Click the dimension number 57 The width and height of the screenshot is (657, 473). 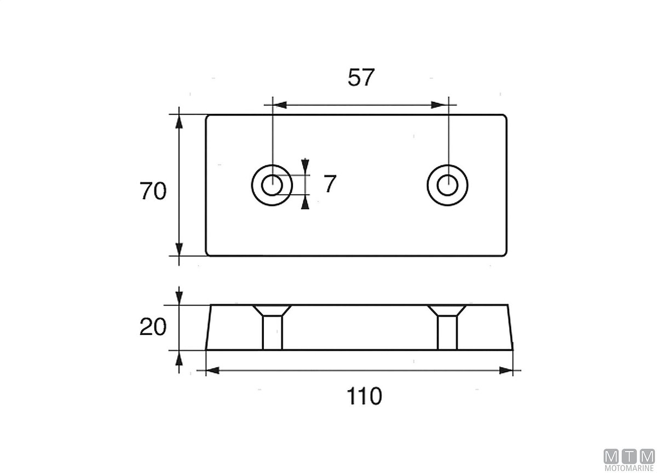click(361, 77)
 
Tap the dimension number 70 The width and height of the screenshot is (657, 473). click(153, 191)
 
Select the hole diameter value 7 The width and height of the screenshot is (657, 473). click(330, 184)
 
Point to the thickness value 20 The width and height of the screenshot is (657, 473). click(153, 327)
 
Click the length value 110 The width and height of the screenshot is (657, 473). click(365, 396)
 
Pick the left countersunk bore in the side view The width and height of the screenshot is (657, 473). click(272, 327)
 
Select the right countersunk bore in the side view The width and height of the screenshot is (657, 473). click(447, 327)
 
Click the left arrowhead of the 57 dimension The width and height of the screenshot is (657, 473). click(280, 105)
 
